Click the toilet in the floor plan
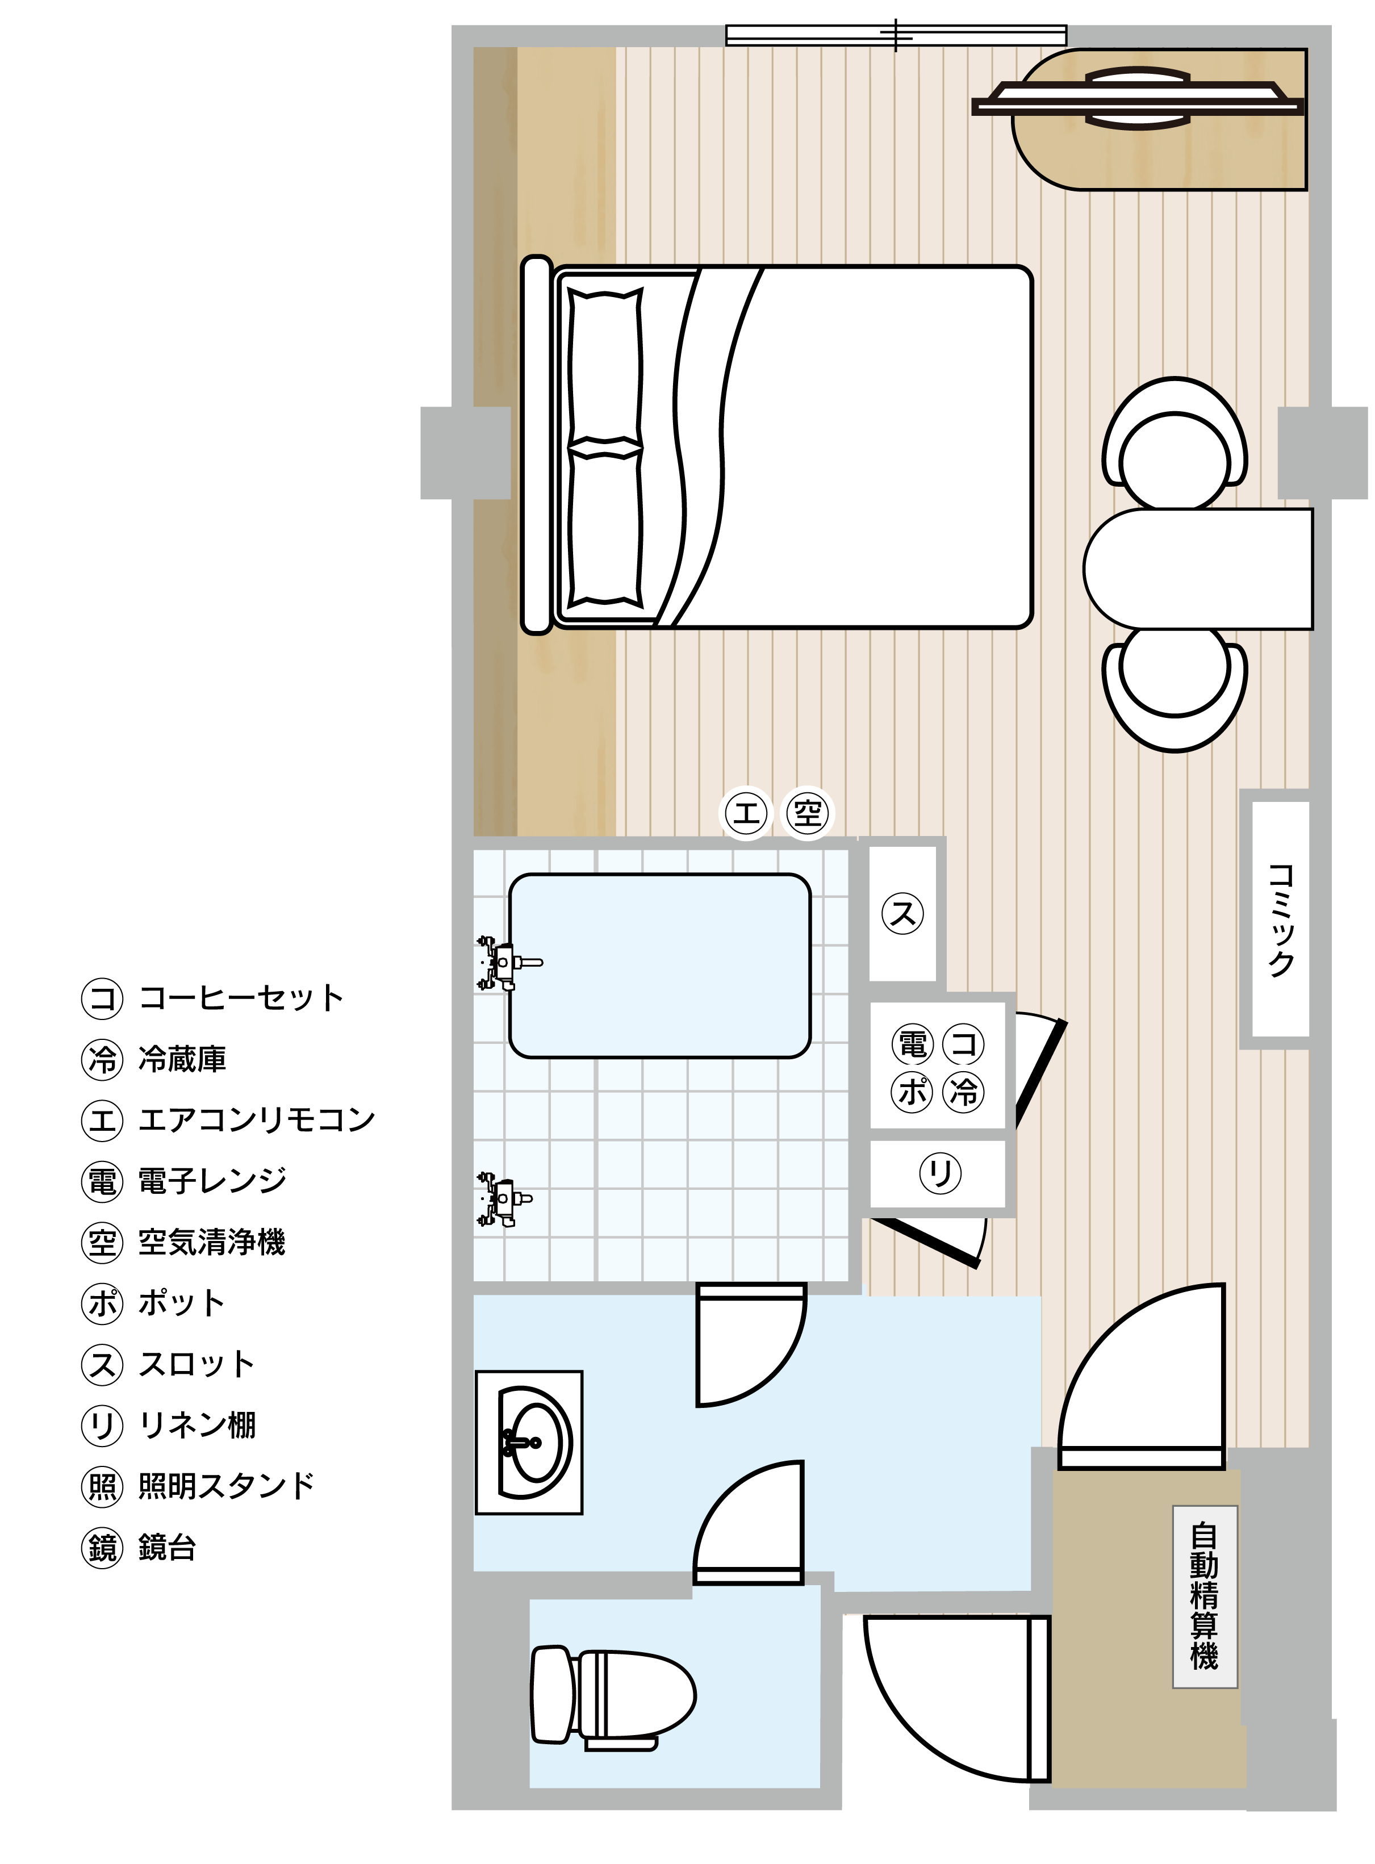613,1695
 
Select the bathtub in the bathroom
660,966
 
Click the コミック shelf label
1281,919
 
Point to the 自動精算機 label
1205,1597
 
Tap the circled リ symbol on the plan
941,1173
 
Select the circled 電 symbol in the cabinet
913,1043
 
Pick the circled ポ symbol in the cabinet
913,1092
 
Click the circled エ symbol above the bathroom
746,812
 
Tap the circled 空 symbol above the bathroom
808,812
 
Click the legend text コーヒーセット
241,998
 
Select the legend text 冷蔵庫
182,1059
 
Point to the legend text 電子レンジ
212,1181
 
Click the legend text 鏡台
168,1547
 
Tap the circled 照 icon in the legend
102,1486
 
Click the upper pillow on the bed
605,366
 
